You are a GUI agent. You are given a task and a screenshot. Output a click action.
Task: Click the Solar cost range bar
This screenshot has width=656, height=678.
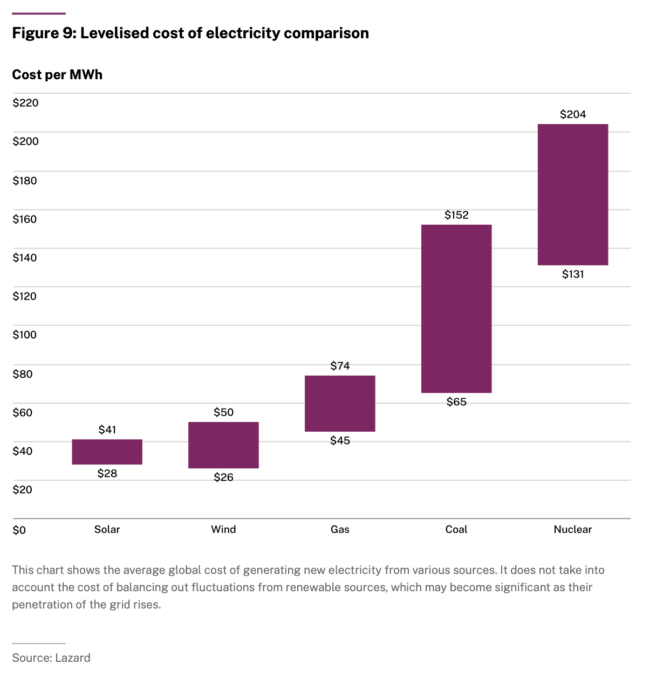107,452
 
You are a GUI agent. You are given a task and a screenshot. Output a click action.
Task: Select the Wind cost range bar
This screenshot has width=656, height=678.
223,445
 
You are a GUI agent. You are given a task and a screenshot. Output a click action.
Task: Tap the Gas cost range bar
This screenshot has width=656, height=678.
340,403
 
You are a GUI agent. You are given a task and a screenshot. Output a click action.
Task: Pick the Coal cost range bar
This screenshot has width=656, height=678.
456,308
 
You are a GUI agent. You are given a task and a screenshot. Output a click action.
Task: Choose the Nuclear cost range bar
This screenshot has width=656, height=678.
573,195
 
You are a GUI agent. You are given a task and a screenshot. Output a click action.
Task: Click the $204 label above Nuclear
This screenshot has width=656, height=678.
573,114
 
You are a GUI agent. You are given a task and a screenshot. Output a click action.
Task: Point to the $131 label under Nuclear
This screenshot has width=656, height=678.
573,274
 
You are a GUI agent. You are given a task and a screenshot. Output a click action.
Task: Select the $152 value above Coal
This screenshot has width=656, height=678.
456,215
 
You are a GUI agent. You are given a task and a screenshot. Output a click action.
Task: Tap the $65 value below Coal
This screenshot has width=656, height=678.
456,402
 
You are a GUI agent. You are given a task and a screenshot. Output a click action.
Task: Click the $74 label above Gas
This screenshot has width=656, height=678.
340,366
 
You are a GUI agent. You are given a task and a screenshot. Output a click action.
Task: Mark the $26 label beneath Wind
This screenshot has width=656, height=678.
223,478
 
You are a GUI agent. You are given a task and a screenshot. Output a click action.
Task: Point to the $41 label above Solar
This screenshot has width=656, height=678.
107,430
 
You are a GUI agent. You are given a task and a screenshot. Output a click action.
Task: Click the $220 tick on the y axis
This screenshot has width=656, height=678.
25,103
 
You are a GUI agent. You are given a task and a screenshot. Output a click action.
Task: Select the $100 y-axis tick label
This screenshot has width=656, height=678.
25,335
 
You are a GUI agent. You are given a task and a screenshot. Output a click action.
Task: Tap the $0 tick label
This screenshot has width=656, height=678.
19,530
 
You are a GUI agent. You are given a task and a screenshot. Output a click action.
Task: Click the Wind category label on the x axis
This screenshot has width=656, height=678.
223,529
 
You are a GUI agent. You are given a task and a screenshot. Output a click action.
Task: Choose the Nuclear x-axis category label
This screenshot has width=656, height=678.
573,529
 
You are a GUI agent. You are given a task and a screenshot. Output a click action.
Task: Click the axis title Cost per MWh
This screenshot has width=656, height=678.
57,74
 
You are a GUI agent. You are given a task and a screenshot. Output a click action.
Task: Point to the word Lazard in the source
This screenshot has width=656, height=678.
72,658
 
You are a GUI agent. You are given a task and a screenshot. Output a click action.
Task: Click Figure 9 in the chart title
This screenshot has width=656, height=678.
43,33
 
